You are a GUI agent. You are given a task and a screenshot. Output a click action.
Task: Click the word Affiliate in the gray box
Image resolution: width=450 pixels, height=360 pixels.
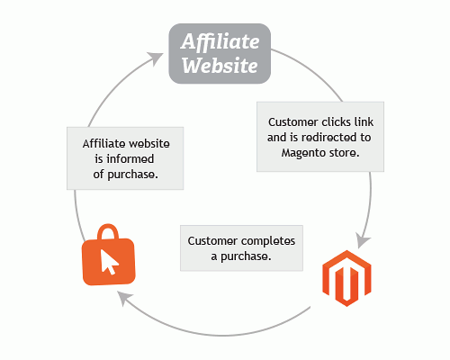click(x=220, y=40)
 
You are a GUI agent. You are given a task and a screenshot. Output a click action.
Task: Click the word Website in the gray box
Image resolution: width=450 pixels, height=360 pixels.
click(x=220, y=65)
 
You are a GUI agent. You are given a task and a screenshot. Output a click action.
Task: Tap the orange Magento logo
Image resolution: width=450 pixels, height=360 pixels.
click(x=346, y=278)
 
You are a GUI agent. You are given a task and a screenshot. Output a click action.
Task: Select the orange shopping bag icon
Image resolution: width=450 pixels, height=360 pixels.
click(x=109, y=255)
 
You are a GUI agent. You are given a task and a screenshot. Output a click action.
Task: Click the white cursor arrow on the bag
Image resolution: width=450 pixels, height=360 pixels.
click(x=109, y=262)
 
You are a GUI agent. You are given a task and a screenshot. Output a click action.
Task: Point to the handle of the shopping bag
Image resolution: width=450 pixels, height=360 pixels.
click(x=108, y=231)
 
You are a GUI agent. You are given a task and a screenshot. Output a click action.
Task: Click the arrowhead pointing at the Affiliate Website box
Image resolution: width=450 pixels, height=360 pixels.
click(x=156, y=58)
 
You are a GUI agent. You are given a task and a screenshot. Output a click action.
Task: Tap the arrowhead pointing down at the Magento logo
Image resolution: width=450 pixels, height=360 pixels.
click(x=363, y=240)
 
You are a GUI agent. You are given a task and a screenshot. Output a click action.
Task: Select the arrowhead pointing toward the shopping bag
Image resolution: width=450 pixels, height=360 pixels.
click(x=124, y=298)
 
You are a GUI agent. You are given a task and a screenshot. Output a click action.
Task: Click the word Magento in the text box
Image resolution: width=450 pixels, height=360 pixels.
click(x=303, y=153)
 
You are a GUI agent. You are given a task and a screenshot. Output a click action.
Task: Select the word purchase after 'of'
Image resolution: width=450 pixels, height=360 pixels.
click(x=132, y=175)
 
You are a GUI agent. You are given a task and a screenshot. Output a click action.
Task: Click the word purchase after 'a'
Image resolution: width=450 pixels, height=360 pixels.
click(x=246, y=256)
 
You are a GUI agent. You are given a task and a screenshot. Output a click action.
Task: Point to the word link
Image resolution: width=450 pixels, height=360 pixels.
click(x=364, y=122)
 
